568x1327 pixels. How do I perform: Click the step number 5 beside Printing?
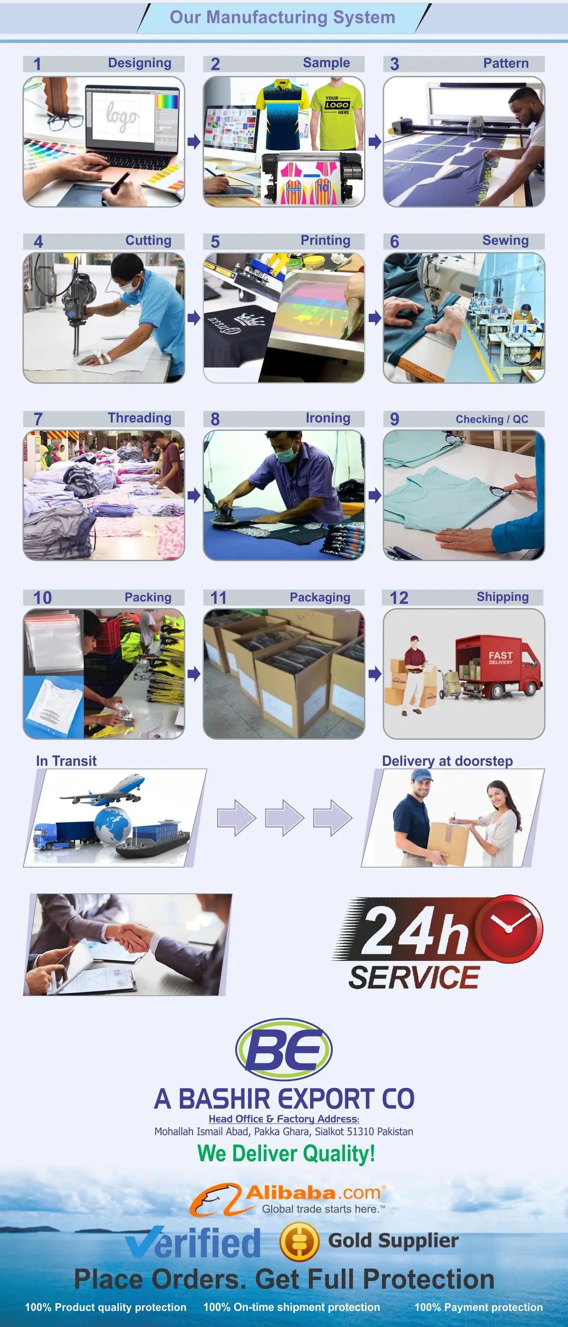pos(215,242)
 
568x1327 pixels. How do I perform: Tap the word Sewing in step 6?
pos(505,241)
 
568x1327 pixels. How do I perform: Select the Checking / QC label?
pos(492,419)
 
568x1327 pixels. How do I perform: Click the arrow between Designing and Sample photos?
pos(194,141)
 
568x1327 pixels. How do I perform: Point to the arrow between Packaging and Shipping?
pos(374,673)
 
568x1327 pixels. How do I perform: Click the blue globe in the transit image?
pos(112,825)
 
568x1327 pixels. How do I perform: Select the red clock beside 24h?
pos(508,928)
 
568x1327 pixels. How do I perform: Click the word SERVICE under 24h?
pos(414,977)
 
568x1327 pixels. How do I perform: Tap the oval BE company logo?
pos(284,1049)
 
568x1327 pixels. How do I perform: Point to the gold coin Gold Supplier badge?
pos(299,1241)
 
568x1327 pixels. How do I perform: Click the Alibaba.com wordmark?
pos(313,1193)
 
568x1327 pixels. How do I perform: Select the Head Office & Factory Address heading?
pos(284,1119)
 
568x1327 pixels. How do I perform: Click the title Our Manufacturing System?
pos(283,17)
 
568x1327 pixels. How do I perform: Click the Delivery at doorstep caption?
pos(447,761)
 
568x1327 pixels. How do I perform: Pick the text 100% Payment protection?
pos(479,1307)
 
